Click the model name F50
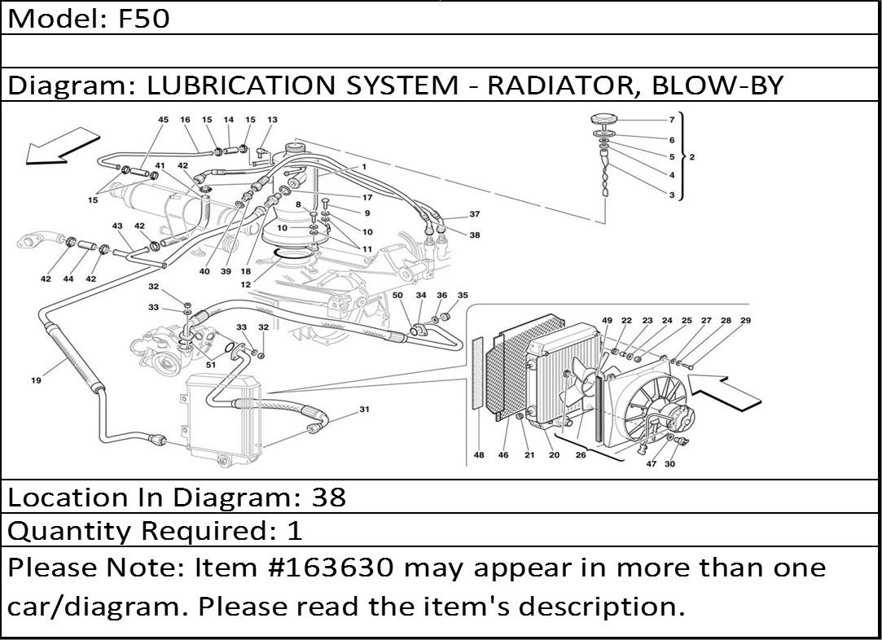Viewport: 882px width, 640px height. pyautogui.click(x=145, y=18)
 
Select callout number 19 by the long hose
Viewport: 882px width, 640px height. pyautogui.click(x=36, y=379)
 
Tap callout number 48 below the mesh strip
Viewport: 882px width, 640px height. pyautogui.click(x=479, y=455)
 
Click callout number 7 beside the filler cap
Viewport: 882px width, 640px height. pyautogui.click(x=672, y=120)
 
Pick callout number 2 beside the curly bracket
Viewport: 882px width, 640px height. pyautogui.click(x=691, y=157)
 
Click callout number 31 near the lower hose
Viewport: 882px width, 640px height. pyautogui.click(x=364, y=409)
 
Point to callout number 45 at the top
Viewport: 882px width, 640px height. pyautogui.click(x=163, y=120)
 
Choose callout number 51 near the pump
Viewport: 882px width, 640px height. pyautogui.click(x=211, y=366)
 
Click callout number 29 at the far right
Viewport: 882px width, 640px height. pyautogui.click(x=745, y=321)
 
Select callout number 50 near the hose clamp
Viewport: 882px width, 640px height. pyautogui.click(x=398, y=295)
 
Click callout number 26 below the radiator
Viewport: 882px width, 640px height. pyautogui.click(x=581, y=455)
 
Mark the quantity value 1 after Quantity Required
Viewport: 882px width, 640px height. pyautogui.click(x=294, y=531)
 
